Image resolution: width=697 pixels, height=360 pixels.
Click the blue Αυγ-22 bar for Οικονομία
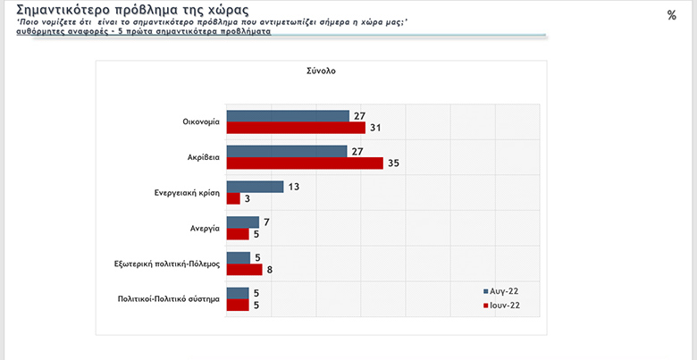(x=288, y=115)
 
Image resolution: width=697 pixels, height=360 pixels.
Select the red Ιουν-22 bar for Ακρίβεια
(x=305, y=163)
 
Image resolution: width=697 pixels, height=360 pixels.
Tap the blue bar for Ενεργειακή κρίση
(x=255, y=187)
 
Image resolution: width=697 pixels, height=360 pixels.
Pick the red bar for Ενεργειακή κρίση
(x=232, y=198)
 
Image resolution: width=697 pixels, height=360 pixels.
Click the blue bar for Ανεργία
(x=242, y=222)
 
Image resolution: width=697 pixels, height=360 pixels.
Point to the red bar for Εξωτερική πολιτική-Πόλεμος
(x=244, y=270)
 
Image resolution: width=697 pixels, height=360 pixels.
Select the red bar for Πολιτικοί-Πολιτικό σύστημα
(x=238, y=306)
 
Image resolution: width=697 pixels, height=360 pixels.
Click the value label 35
(x=393, y=163)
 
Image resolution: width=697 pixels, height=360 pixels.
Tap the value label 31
(x=375, y=128)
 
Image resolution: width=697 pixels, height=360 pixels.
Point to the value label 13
(x=294, y=187)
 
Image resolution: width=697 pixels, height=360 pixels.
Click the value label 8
(x=269, y=270)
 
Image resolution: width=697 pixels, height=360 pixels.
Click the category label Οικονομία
(x=199, y=122)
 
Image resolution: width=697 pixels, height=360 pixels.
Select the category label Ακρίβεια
(x=201, y=157)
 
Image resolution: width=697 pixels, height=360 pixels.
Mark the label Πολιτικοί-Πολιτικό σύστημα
(x=169, y=299)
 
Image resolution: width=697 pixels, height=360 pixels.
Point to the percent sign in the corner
(x=672, y=14)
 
